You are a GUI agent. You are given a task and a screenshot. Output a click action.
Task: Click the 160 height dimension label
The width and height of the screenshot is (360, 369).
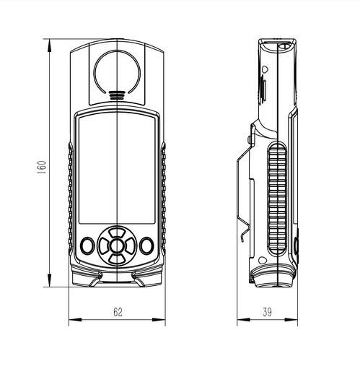pos(42,168)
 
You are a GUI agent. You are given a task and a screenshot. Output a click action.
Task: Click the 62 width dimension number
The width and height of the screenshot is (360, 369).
pos(118,312)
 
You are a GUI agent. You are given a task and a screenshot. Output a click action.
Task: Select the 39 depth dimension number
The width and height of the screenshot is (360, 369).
pos(267,312)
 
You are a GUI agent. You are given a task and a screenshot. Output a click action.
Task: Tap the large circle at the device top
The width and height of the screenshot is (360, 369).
pos(94,72)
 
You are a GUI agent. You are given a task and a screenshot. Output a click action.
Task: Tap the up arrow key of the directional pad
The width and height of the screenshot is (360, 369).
pos(117,233)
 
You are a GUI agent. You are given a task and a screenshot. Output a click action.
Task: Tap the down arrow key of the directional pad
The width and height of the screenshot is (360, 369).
pos(117,259)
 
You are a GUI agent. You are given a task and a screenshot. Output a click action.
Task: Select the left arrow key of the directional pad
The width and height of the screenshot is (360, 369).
pos(104,246)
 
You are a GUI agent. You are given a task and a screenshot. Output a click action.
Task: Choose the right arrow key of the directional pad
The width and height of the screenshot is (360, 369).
pos(130,246)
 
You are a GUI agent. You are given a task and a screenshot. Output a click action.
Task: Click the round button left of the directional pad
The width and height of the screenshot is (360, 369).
pos(87,246)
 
